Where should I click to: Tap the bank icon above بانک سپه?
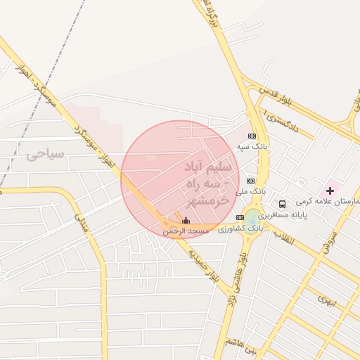[x=252, y=136]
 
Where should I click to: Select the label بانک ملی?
[x=252, y=191]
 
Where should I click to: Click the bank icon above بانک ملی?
[x=250, y=181]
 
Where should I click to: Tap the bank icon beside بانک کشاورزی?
[x=240, y=217]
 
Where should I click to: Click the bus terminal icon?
[x=282, y=204]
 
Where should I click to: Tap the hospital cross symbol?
[x=330, y=191]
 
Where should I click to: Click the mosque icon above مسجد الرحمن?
[x=185, y=220]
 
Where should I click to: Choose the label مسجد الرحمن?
[x=186, y=231]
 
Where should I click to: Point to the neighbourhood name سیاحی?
[x=45, y=154]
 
